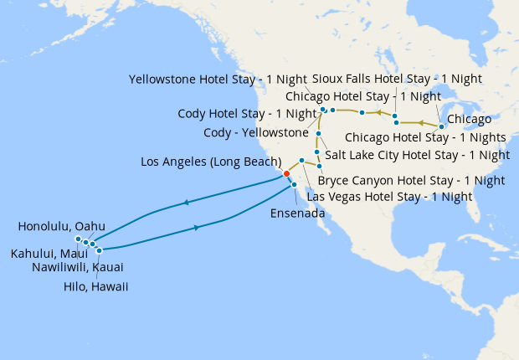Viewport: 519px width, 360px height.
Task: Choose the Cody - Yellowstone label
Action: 256,133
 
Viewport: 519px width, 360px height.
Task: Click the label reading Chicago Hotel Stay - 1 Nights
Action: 425,136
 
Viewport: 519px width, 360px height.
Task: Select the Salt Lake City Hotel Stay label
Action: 417,155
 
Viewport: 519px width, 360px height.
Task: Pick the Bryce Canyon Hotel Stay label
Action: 412,180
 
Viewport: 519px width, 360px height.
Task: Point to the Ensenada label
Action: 297,213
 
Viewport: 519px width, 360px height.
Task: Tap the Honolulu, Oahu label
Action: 60,226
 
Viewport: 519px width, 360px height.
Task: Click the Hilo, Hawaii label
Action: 95,286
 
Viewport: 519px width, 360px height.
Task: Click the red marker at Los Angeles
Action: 286,173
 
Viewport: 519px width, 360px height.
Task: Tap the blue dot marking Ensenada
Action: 294,184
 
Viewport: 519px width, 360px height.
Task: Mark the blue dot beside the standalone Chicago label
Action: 441,126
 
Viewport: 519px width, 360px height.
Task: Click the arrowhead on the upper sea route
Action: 186,203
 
